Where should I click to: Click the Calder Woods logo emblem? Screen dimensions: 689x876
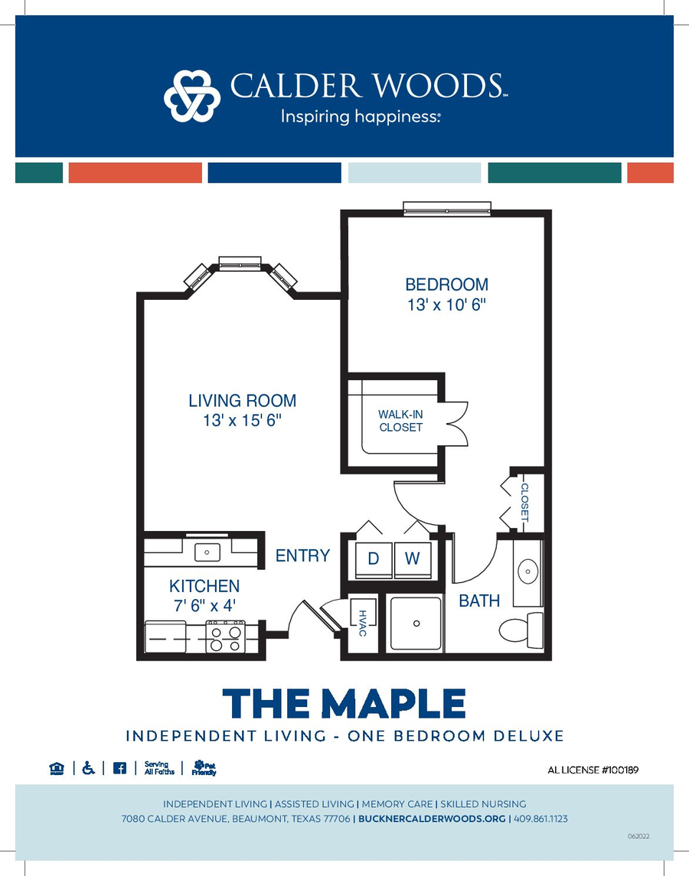pyautogui.click(x=192, y=96)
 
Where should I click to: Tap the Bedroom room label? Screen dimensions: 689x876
pyautogui.click(x=446, y=285)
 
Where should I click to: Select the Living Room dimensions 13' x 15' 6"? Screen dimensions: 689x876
pyautogui.click(x=242, y=420)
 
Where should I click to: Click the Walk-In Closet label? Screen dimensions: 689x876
pyautogui.click(x=400, y=421)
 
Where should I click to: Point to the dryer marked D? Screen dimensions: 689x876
pyautogui.click(x=374, y=558)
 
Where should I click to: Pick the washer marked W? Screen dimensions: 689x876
pyautogui.click(x=412, y=558)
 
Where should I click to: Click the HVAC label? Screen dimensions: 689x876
pyautogui.click(x=362, y=623)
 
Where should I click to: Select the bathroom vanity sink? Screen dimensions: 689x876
pyautogui.click(x=527, y=572)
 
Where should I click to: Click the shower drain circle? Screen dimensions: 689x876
pyautogui.click(x=416, y=624)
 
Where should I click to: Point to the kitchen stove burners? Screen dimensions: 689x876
pyautogui.click(x=225, y=637)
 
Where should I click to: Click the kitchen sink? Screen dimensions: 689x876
pyautogui.click(x=207, y=552)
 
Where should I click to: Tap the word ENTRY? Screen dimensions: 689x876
pyautogui.click(x=302, y=556)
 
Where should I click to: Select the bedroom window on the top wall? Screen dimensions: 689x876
pyautogui.click(x=447, y=209)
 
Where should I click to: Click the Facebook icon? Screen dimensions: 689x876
pyautogui.click(x=119, y=768)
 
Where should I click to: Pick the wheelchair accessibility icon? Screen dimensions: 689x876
pyautogui.click(x=88, y=768)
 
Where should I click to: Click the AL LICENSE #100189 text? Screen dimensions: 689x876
pyautogui.click(x=593, y=770)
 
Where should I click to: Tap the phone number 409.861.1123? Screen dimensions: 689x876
pyautogui.click(x=540, y=819)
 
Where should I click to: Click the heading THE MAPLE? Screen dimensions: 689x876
pyautogui.click(x=344, y=703)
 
